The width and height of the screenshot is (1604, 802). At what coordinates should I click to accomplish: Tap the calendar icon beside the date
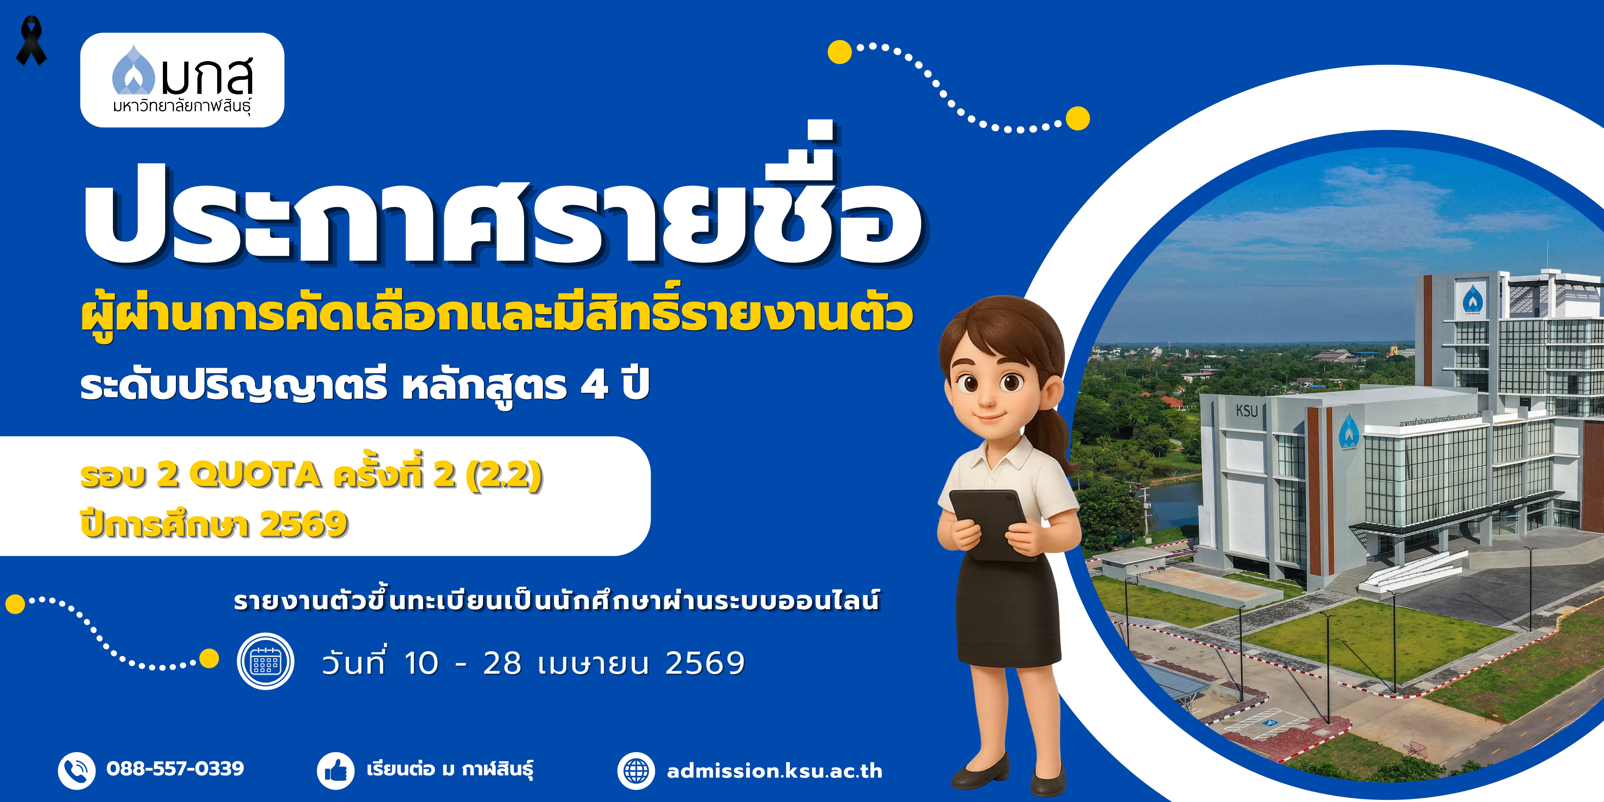[x=265, y=661]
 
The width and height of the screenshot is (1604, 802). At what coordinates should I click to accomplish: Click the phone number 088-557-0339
[x=175, y=768]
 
